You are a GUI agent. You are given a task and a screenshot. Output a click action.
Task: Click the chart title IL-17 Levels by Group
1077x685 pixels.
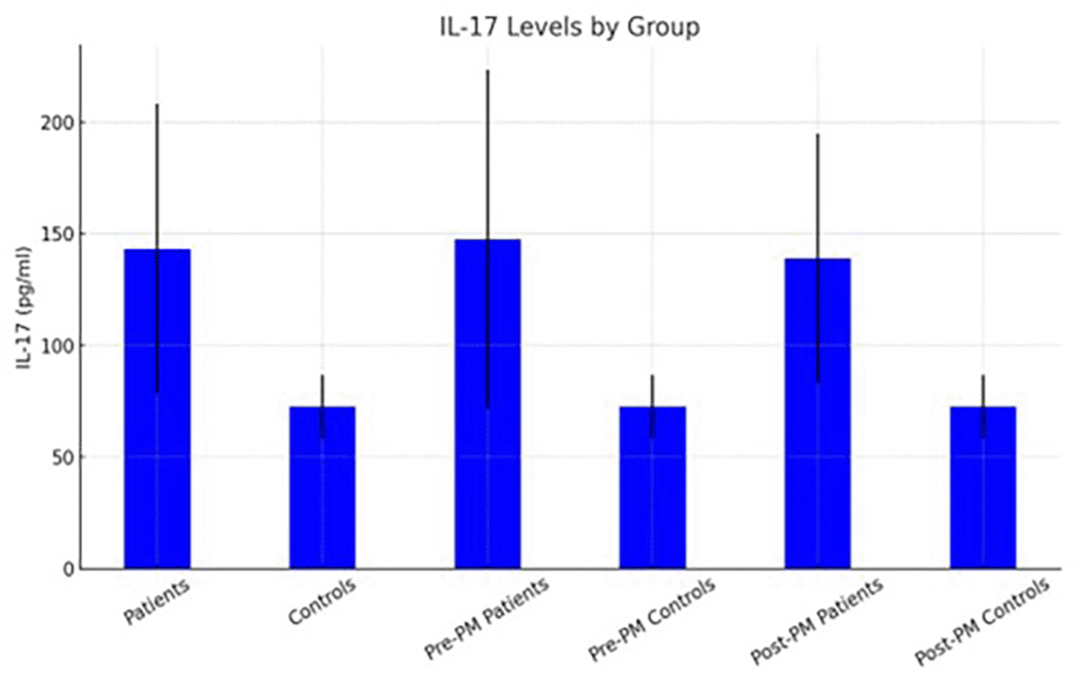pos(569,27)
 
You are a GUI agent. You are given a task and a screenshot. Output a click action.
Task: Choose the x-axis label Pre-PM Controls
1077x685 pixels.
pos(652,618)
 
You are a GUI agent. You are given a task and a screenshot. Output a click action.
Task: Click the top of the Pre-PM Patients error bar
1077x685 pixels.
pos(488,71)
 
